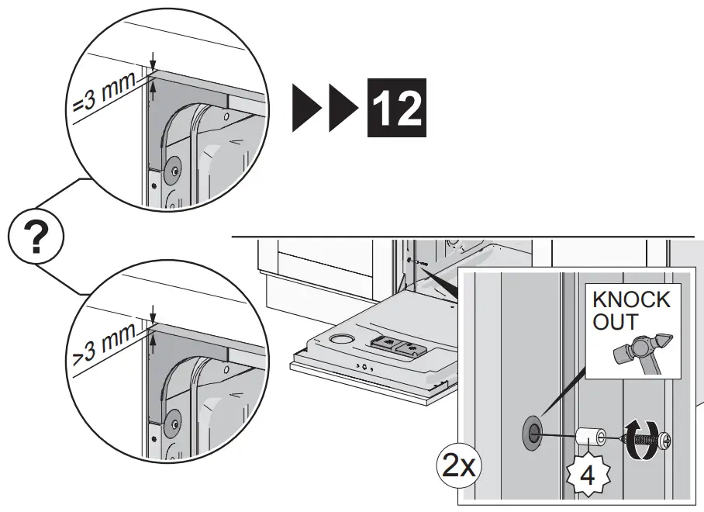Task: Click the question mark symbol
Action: pos(34,237)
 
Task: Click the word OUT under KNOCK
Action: pos(617,322)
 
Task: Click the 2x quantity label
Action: pos(458,467)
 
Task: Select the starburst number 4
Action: pos(587,475)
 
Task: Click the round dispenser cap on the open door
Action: pos(340,339)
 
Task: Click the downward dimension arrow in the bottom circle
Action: pos(154,313)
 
